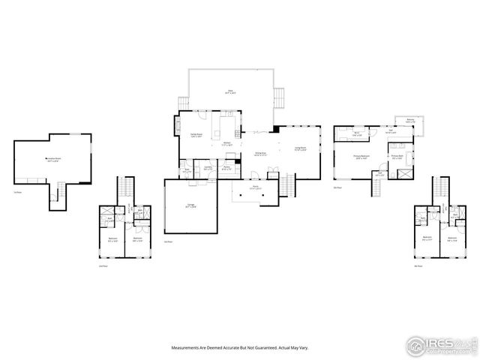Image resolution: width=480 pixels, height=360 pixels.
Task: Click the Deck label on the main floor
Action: (232, 92)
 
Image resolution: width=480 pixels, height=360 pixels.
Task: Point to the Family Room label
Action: (197, 136)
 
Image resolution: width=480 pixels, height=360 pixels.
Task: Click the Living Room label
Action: (300, 148)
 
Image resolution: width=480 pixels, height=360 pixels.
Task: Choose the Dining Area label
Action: (260, 154)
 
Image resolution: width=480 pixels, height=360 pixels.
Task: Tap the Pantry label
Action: (226, 169)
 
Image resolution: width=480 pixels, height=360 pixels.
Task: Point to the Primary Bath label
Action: (397, 157)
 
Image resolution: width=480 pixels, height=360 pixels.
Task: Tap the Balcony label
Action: (409, 121)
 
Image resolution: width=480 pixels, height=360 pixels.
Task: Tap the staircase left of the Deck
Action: (183, 103)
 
